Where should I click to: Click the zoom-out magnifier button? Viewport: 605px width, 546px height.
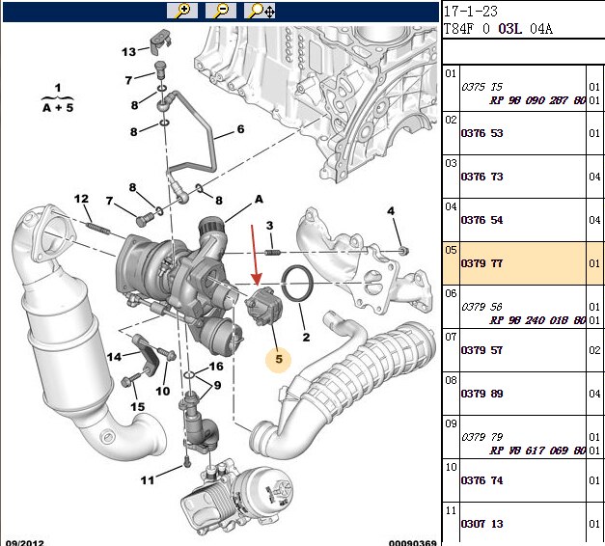[x=220, y=11]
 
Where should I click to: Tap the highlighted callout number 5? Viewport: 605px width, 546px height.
[x=279, y=360]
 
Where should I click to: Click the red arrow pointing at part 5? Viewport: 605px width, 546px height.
[x=254, y=252]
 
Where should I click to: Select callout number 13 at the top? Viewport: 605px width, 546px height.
[x=128, y=51]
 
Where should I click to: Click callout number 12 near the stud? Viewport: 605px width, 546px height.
[x=82, y=199]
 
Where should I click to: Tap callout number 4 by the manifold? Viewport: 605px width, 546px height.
[x=391, y=211]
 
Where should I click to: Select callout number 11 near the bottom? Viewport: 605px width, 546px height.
[x=147, y=479]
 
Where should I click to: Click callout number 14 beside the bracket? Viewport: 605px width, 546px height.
[x=115, y=357]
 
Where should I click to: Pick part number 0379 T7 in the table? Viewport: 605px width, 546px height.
[x=483, y=263]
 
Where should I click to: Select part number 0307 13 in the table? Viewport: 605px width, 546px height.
[x=483, y=524]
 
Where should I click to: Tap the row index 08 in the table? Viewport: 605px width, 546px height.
[x=451, y=380]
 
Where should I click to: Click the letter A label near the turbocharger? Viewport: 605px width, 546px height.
[x=259, y=199]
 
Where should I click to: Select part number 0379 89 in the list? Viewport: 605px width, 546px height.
[x=483, y=394]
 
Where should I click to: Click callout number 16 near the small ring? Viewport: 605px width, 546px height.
[x=216, y=367]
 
